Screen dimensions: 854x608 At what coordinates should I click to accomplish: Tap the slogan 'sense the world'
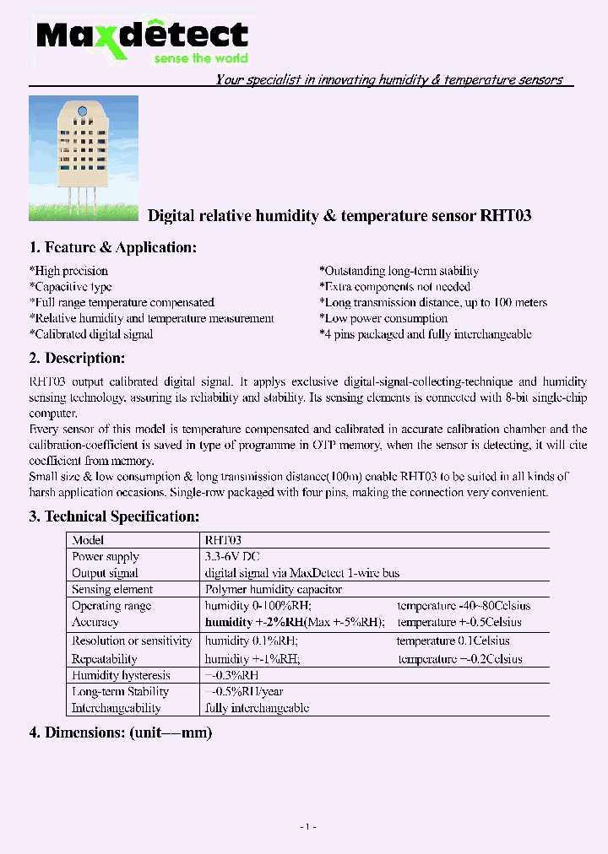(x=200, y=58)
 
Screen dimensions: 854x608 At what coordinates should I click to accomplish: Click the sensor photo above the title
(x=83, y=158)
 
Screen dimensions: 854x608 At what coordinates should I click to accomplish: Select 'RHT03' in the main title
(x=505, y=216)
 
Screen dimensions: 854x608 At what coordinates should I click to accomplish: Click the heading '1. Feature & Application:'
(x=112, y=247)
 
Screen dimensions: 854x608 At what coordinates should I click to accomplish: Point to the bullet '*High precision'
(x=68, y=271)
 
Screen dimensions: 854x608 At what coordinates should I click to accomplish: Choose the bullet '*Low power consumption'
(x=383, y=318)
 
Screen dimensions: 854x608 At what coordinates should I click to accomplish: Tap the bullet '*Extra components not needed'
(x=394, y=287)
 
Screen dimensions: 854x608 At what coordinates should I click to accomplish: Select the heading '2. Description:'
(x=77, y=358)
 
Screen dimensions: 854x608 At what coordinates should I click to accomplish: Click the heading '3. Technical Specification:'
(x=114, y=516)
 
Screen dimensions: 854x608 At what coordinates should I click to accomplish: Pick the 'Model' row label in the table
(x=88, y=540)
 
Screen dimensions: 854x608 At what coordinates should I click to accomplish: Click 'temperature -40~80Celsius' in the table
(x=464, y=606)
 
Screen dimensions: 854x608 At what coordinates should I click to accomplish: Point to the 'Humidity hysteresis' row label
(x=121, y=675)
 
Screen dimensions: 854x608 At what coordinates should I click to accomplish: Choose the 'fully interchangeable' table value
(x=257, y=708)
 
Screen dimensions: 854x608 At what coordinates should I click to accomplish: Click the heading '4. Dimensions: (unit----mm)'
(x=120, y=732)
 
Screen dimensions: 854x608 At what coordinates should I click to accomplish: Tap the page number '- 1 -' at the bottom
(x=308, y=826)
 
